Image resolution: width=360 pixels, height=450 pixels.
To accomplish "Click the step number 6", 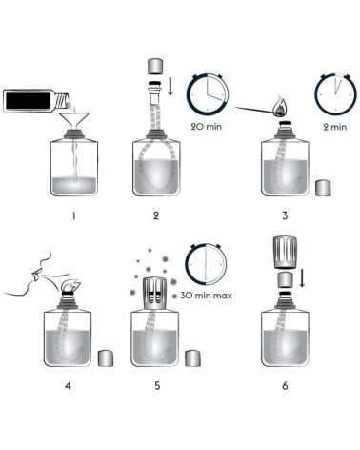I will tap(284, 386).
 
